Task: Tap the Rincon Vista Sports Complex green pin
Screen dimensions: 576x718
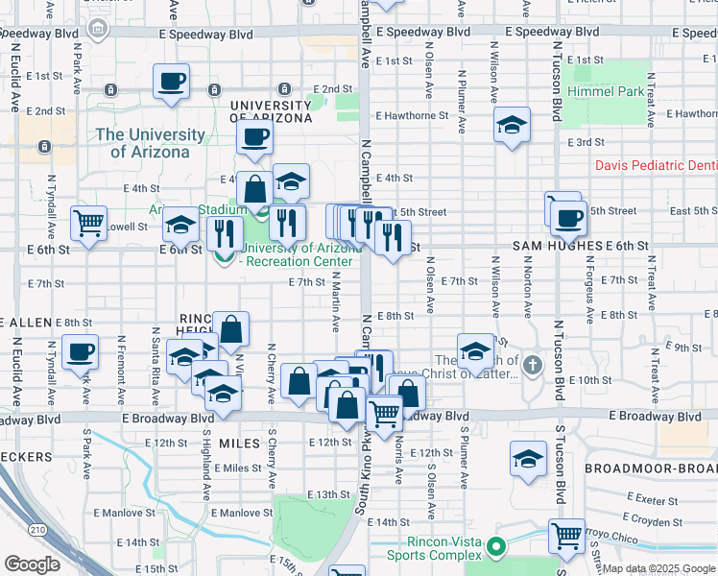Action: click(495, 548)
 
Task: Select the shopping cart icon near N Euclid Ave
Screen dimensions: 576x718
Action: click(88, 223)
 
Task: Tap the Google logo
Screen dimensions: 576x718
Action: click(32, 564)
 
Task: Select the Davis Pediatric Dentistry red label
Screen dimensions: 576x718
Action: click(656, 165)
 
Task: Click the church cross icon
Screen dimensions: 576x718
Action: click(534, 365)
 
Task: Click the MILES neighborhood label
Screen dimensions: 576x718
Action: click(239, 443)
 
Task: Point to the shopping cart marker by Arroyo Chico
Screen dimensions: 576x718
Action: click(566, 535)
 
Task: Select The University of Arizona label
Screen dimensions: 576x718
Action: click(150, 143)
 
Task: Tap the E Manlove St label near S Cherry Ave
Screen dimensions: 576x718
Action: click(243, 513)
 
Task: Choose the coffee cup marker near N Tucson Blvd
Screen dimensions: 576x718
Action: click(568, 218)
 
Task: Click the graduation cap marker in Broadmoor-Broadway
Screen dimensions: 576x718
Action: click(528, 458)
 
